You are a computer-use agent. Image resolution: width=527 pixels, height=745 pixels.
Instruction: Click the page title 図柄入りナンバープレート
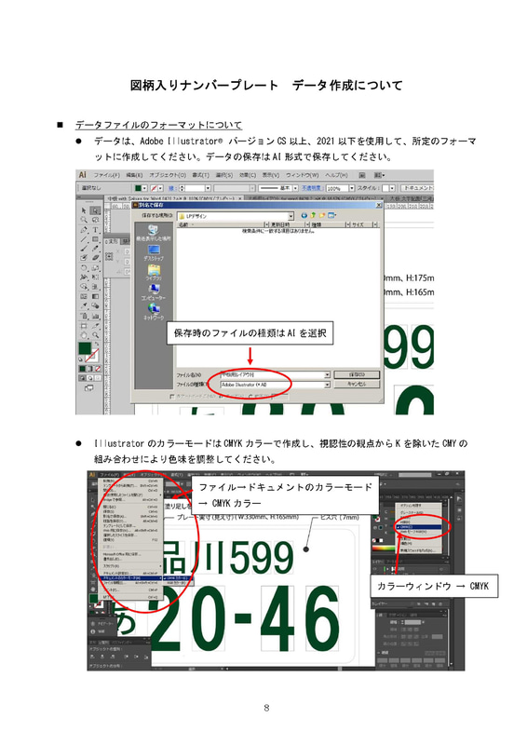click(204, 86)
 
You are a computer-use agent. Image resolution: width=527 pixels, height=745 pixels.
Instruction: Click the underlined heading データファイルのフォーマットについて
click(158, 124)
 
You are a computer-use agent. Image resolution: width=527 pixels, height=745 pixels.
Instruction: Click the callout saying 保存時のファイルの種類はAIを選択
click(251, 332)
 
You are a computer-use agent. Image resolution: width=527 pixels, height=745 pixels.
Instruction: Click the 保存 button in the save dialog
click(358, 372)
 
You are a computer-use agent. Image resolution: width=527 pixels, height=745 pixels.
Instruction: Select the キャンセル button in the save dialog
click(358, 383)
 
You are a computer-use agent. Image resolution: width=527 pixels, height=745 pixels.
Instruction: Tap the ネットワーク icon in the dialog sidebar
click(154, 312)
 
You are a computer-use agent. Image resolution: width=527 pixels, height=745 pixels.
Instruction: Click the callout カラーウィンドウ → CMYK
click(432, 587)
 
